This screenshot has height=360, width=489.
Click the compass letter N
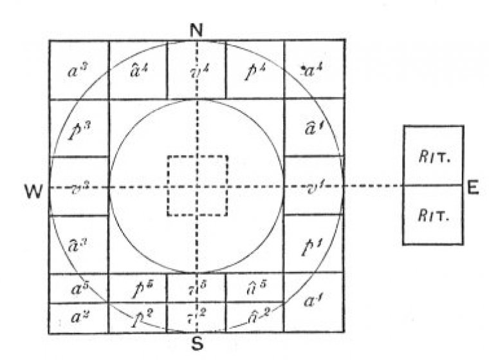click(x=197, y=28)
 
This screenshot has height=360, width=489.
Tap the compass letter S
click(x=197, y=343)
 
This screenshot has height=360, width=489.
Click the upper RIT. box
click(x=433, y=155)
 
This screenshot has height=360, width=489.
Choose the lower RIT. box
click(x=433, y=214)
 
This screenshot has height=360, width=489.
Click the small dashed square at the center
click(x=197, y=185)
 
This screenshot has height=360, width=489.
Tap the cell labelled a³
click(x=79, y=70)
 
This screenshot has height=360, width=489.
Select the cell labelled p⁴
click(x=255, y=70)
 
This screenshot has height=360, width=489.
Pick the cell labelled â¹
click(x=313, y=127)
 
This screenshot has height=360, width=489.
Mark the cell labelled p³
click(x=79, y=128)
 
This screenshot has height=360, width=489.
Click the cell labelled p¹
click(x=313, y=245)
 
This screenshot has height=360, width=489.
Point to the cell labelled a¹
click(x=313, y=303)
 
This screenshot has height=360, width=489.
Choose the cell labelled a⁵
click(x=79, y=288)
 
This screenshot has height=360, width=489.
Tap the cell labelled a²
click(x=79, y=318)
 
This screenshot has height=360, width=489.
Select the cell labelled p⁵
click(x=138, y=288)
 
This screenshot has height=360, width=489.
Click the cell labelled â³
click(x=79, y=245)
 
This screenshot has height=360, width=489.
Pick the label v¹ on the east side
click(x=313, y=187)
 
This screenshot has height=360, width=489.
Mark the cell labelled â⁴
click(x=138, y=70)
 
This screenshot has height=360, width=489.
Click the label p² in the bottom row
click(x=138, y=318)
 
